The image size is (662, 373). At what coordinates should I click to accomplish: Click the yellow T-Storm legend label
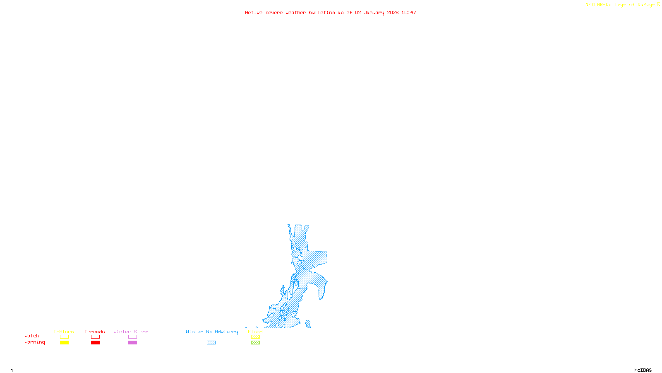64,332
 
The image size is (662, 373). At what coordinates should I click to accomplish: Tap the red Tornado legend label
95,332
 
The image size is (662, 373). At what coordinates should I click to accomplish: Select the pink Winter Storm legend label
131,332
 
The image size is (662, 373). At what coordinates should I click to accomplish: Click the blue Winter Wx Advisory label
212,332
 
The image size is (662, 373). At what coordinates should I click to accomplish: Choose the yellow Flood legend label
255,332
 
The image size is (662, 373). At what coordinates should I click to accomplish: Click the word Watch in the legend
32,336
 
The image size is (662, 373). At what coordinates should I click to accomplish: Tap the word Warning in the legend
35,342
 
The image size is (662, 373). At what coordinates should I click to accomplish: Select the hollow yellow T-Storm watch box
64,337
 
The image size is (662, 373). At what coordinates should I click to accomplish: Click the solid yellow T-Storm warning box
64,343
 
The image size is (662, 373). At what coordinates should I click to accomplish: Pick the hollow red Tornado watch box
95,337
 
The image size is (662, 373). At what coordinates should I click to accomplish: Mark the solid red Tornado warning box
95,343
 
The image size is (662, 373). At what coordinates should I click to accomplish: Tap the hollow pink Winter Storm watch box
132,337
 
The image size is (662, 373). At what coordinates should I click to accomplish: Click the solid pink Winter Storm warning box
132,343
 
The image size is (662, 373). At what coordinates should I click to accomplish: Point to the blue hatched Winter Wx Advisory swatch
211,343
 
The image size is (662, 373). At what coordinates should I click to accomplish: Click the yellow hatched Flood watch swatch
255,337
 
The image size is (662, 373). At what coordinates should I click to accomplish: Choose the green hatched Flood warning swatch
255,343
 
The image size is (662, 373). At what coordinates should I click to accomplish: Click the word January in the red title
374,12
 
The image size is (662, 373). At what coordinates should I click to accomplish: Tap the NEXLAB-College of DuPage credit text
620,5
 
